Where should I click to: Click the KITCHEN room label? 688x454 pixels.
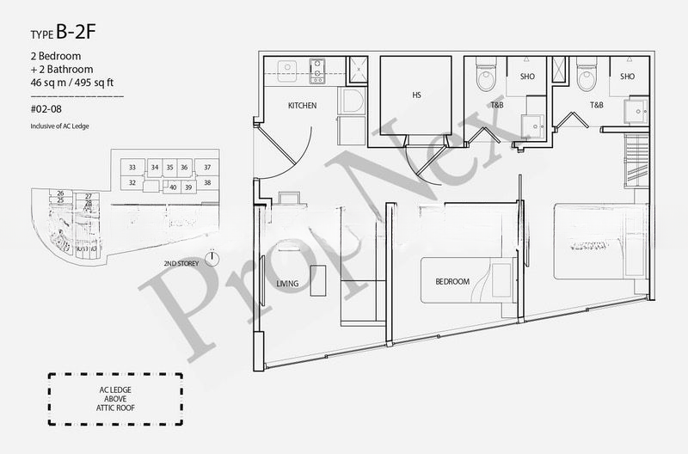(302, 106)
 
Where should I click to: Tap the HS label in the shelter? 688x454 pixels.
(416, 95)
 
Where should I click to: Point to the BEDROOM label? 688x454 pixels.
(452, 282)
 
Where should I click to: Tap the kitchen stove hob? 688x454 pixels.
(317, 71)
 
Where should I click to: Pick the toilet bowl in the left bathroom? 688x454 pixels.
(487, 79)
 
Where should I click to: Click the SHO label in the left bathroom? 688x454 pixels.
(527, 77)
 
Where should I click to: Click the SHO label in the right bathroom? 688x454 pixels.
(627, 77)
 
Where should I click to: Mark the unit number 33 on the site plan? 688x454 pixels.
(132, 167)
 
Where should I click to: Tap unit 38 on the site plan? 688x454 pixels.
(207, 183)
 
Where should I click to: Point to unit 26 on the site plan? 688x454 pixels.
(61, 193)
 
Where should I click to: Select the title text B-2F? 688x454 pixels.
(80, 34)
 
